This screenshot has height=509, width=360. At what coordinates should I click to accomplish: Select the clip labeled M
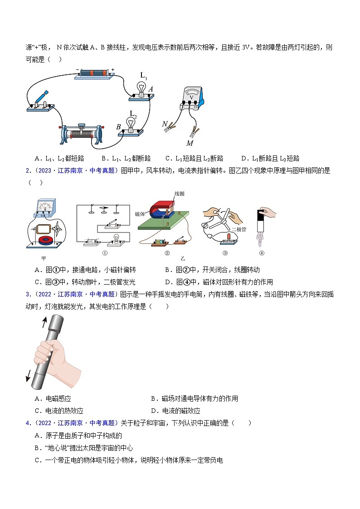coord(194,133)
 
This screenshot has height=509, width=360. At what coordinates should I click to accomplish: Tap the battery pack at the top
coord(93,73)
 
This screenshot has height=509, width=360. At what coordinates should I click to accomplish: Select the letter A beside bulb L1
coord(151,89)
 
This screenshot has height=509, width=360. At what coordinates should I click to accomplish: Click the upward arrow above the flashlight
coord(44,322)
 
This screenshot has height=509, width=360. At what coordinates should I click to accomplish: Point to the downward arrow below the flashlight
coord(29,376)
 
